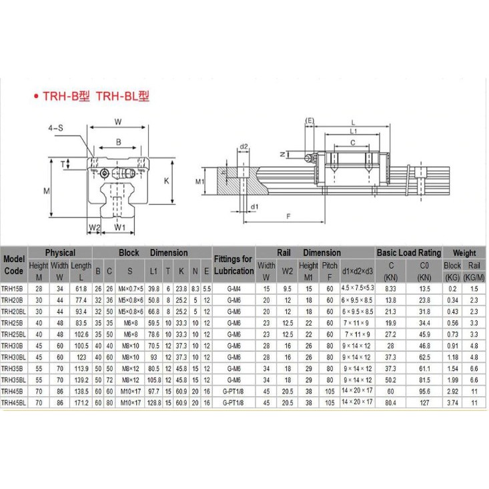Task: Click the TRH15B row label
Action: click(x=13, y=289)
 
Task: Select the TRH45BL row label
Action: click(x=14, y=402)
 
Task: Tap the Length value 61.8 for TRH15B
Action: click(x=81, y=289)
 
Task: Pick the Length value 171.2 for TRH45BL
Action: click(x=81, y=402)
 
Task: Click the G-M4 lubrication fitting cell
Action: click(x=233, y=289)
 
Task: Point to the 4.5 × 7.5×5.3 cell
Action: click(x=358, y=289)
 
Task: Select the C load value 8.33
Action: click(x=392, y=289)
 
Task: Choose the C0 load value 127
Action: click(x=424, y=402)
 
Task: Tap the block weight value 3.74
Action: click(x=452, y=402)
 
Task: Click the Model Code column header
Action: click(x=14, y=265)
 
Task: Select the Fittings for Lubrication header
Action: click(x=233, y=265)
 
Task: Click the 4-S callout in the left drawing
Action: click(x=56, y=127)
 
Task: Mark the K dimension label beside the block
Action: click(x=167, y=181)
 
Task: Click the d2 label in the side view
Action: click(x=244, y=147)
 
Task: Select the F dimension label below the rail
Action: click(x=288, y=216)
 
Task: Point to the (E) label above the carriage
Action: click(x=310, y=120)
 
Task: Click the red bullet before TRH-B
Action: click(x=35, y=97)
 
